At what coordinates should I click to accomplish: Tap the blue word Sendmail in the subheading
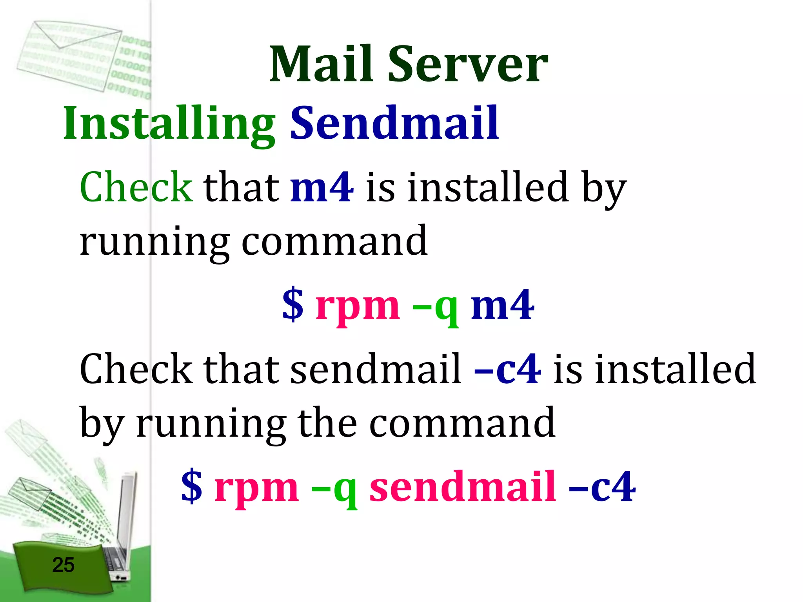point(394,123)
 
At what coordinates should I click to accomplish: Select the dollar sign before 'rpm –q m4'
point(293,305)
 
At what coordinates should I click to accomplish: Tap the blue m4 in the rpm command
point(502,305)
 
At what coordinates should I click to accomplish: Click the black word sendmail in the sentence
point(376,369)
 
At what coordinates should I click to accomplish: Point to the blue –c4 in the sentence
point(508,369)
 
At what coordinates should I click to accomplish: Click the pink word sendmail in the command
point(463,487)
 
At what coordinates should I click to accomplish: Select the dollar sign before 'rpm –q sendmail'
point(192,487)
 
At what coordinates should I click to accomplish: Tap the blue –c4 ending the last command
point(602,487)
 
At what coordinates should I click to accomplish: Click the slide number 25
point(63,565)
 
